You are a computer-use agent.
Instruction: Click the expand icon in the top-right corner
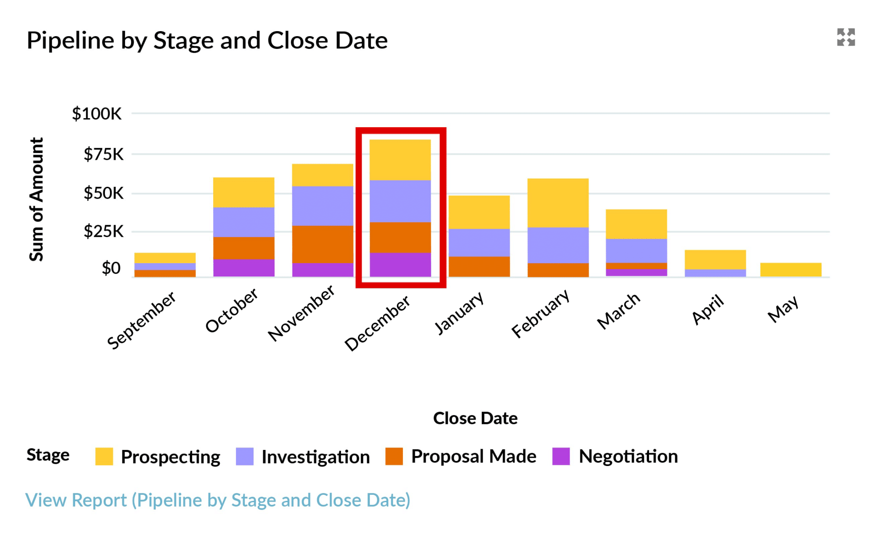846,37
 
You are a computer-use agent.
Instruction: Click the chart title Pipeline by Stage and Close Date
207,40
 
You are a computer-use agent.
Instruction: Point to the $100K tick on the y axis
97,114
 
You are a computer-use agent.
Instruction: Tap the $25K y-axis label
103,231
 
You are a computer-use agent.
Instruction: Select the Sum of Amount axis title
37,199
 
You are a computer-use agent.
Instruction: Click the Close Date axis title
475,418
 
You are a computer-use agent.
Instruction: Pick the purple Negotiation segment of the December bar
400,265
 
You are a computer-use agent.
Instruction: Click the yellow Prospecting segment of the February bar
558,203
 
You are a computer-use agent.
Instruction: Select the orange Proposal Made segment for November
323,244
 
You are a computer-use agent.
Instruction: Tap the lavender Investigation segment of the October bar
244,222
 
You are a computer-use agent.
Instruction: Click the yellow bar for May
791,270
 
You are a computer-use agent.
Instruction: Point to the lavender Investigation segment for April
715,273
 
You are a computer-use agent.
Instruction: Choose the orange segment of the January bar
479,266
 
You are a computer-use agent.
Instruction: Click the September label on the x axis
142,320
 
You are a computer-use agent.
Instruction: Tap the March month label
619,311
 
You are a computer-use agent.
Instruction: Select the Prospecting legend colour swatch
104,456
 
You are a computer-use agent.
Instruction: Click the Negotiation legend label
628,456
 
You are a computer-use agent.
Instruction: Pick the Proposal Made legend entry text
473,456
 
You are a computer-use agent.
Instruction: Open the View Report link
218,500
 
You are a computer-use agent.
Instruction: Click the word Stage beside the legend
48,455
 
